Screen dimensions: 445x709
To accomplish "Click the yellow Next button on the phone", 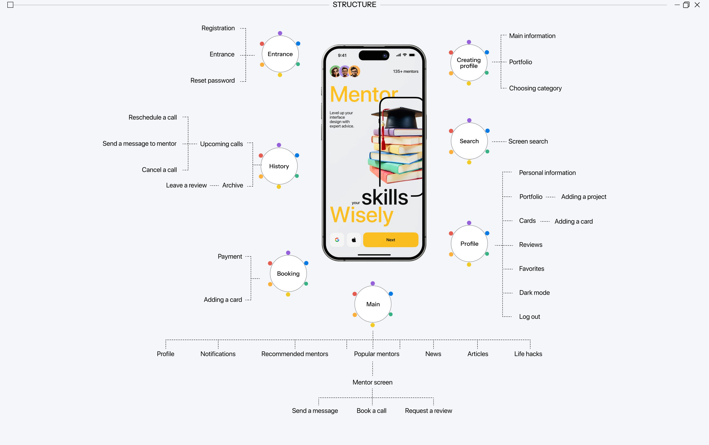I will click(390, 240).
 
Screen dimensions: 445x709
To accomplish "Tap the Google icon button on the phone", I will click(337, 240).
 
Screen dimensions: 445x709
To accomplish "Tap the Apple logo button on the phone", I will click(354, 240).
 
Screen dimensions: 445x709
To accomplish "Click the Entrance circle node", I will click(280, 54).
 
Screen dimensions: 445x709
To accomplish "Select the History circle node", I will click(279, 166).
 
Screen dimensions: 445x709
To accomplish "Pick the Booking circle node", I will click(288, 273).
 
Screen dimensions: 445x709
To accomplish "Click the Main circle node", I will click(373, 304).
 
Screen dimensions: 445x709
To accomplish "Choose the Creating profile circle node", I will click(469, 63).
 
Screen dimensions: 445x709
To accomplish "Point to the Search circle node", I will click(469, 141).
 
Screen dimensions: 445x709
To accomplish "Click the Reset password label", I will click(212, 81).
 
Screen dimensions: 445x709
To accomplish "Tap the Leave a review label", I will click(186, 185).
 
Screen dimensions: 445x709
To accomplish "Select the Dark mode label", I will click(534, 293).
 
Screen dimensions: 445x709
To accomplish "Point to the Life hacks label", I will click(528, 354).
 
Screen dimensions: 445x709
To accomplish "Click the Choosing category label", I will click(535, 88).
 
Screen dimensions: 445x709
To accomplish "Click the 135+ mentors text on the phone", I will click(405, 72).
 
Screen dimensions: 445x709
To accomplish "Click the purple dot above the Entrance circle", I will click(280, 33).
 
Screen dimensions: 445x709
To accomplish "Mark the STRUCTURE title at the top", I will click(354, 5).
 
